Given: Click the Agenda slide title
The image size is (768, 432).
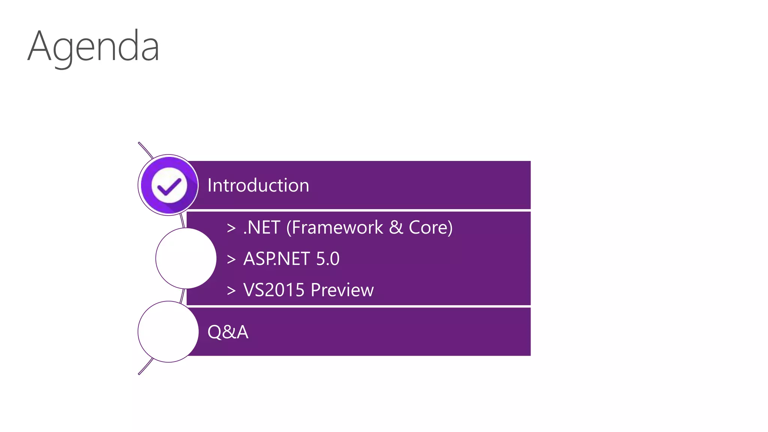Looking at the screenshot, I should coord(93,47).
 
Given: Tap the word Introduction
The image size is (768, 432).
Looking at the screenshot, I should coord(258,185).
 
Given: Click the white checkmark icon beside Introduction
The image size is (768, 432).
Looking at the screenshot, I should coord(169,185).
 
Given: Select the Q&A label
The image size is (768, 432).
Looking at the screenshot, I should coord(228,332).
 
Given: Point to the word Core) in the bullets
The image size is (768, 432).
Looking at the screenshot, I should coord(430,228).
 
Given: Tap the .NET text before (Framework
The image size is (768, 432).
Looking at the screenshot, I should coord(262,228).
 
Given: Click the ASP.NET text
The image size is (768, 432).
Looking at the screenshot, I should coord(277,259).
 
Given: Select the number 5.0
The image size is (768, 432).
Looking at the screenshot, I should coord(328,259).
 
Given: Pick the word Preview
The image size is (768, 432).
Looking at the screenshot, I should coord(342,290).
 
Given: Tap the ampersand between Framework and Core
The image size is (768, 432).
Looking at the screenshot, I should coord(396,228).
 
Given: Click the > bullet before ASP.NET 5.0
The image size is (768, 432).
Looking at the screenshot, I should coord(231,259).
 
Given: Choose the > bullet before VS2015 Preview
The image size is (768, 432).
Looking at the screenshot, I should coord(231,290).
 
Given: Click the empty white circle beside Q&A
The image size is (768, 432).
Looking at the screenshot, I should coord(168,332).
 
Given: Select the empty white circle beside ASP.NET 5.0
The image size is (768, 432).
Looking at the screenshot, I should coord(186,258).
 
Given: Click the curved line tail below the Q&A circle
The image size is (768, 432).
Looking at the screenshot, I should coord(145,367).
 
